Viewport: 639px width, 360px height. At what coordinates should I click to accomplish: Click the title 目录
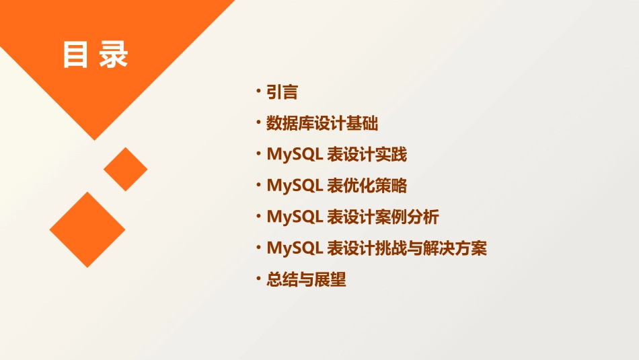tap(95, 55)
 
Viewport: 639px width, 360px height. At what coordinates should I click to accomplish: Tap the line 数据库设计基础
tap(322, 124)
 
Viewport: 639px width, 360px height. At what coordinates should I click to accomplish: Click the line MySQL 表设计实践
tap(337, 155)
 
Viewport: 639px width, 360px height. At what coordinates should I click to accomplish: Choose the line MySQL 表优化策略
tap(337, 186)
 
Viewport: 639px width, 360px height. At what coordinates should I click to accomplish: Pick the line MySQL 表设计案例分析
tap(353, 217)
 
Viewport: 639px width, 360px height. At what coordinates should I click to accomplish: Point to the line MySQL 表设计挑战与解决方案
tap(377, 248)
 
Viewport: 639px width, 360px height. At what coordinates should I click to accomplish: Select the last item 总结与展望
tap(306, 279)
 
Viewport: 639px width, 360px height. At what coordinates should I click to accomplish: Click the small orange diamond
tap(125, 169)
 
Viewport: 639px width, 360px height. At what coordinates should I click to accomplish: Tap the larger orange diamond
tap(87, 229)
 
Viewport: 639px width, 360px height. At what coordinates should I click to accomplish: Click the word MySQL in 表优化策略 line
tap(295, 186)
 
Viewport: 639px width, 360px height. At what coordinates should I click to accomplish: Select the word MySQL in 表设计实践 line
tap(295, 155)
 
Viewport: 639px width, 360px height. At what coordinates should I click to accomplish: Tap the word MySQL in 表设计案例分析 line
tap(295, 217)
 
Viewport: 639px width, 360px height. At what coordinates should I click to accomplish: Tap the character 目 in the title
tap(75, 55)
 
